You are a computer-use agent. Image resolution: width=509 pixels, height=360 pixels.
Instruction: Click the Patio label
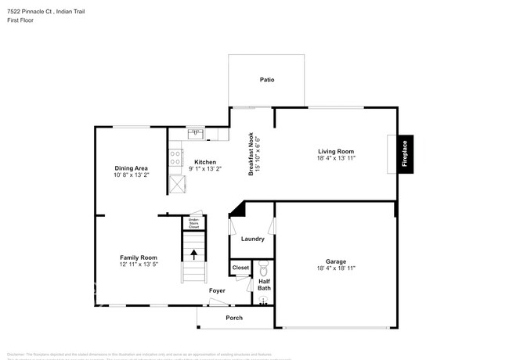[267, 80]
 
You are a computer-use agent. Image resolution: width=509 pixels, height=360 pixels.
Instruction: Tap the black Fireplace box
[405, 152]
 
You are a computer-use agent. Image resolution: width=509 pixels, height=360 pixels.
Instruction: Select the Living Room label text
[336, 151]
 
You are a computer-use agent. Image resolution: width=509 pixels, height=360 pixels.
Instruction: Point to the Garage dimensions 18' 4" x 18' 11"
[336, 268]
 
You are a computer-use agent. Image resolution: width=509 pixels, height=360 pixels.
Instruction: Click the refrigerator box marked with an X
[178, 183]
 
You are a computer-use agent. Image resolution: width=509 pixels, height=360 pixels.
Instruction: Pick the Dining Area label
[131, 167]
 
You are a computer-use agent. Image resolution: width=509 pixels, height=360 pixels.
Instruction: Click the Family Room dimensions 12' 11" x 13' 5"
[138, 265]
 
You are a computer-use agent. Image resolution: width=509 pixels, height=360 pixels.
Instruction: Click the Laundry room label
[252, 239]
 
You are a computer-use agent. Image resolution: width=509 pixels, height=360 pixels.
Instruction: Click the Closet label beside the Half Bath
[240, 268]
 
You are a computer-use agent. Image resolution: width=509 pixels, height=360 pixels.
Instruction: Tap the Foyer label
[217, 291]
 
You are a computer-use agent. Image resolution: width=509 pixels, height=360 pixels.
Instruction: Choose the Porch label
[233, 318]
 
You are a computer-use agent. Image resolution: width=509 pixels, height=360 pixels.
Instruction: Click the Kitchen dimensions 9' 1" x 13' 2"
[206, 168]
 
